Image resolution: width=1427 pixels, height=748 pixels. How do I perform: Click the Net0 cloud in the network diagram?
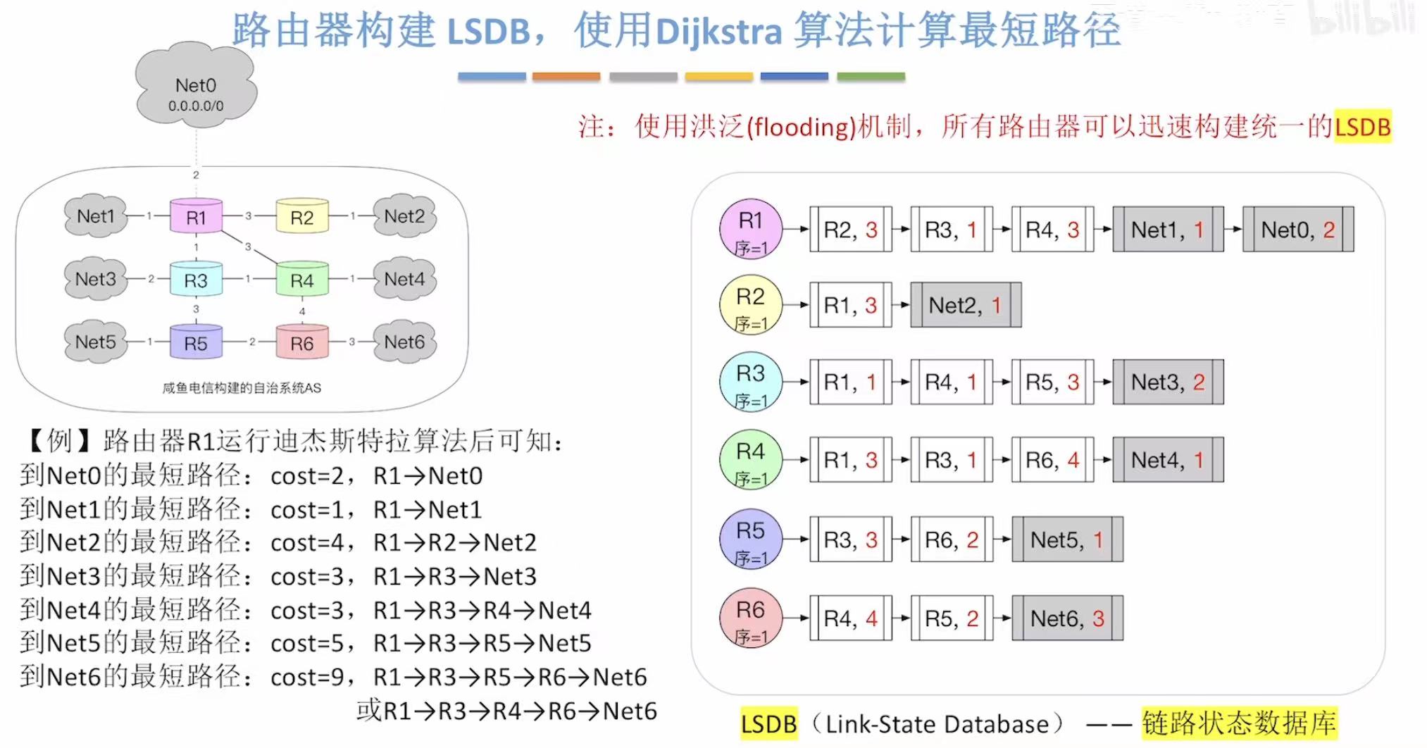click(x=196, y=90)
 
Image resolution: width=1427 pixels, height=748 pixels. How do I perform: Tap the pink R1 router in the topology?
click(x=196, y=217)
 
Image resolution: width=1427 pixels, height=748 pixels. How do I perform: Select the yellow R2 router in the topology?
click(x=301, y=217)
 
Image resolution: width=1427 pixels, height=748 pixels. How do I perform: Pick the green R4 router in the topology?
click(x=301, y=280)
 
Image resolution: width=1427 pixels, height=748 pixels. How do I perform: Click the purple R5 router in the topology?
click(x=196, y=343)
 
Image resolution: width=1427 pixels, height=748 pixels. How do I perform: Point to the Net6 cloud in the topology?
click(x=404, y=342)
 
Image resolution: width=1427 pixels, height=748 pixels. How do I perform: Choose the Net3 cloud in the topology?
click(x=96, y=280)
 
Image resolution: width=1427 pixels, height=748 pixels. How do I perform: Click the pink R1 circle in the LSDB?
click(x=751, y=229)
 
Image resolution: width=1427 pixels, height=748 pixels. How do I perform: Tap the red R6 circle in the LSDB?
click(x=751, y=618)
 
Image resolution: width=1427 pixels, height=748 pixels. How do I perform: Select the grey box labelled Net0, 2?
click(x=1297, y=230)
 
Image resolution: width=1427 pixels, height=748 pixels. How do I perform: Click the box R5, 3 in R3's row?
click(x=1052, y=382)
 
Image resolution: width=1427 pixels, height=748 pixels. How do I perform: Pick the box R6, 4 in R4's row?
click(x=1052, y=460)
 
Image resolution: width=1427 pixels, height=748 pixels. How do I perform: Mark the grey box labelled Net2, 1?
click(x=965, y=305)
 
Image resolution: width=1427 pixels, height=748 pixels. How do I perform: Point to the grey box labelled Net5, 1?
click(x=1066, y=540)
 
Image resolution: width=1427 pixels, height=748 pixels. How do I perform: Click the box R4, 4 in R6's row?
click(x=851, y=618)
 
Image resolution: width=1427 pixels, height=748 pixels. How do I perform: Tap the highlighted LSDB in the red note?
click(x=1362, y=127)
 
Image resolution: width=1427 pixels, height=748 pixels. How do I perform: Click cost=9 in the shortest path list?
click(x=308, y=678)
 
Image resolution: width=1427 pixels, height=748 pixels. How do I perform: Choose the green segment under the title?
click(x=871, y=76)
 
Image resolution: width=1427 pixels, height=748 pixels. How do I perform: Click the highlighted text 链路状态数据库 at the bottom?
click(x=1239, y=723)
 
